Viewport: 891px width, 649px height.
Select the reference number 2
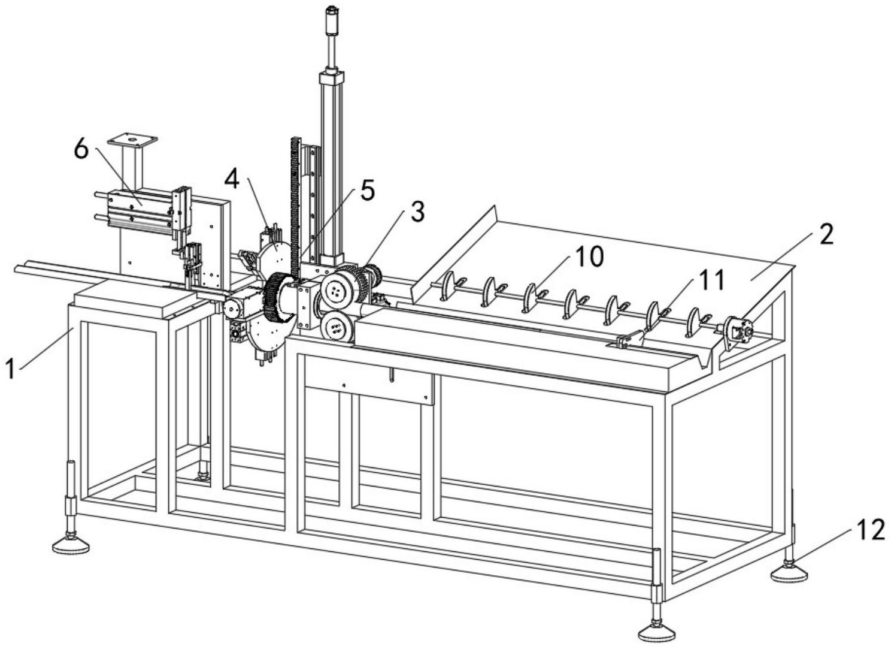click(x=826, y=236)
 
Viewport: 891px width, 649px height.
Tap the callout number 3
click(x=417, y=212)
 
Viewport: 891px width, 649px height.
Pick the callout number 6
click(x=81, y=149)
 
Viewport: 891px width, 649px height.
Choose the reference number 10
click(x=589, y=256)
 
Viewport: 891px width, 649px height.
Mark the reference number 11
click(x=711, y=280)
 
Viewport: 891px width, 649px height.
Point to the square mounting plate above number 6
click(x=132, y=141)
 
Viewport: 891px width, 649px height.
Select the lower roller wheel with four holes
click(x=336, y=328)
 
